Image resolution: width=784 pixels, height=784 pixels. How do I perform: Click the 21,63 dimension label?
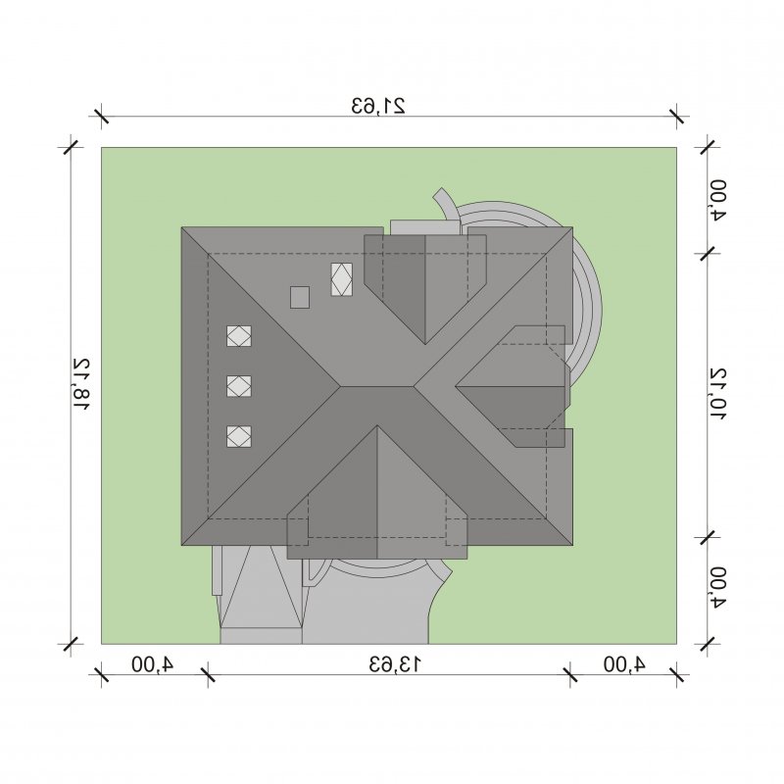point(378,106)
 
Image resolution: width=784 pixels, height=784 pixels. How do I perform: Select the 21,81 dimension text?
point(81,383)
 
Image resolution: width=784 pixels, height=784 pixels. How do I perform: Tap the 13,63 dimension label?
point(395,664)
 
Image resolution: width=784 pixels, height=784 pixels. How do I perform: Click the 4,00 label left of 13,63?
point(152,664)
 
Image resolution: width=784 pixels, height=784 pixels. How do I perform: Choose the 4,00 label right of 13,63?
point(624,664)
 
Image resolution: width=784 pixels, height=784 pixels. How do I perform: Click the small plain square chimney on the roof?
point(300,297)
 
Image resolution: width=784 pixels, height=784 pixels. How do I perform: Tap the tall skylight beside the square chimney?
point(341,279)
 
